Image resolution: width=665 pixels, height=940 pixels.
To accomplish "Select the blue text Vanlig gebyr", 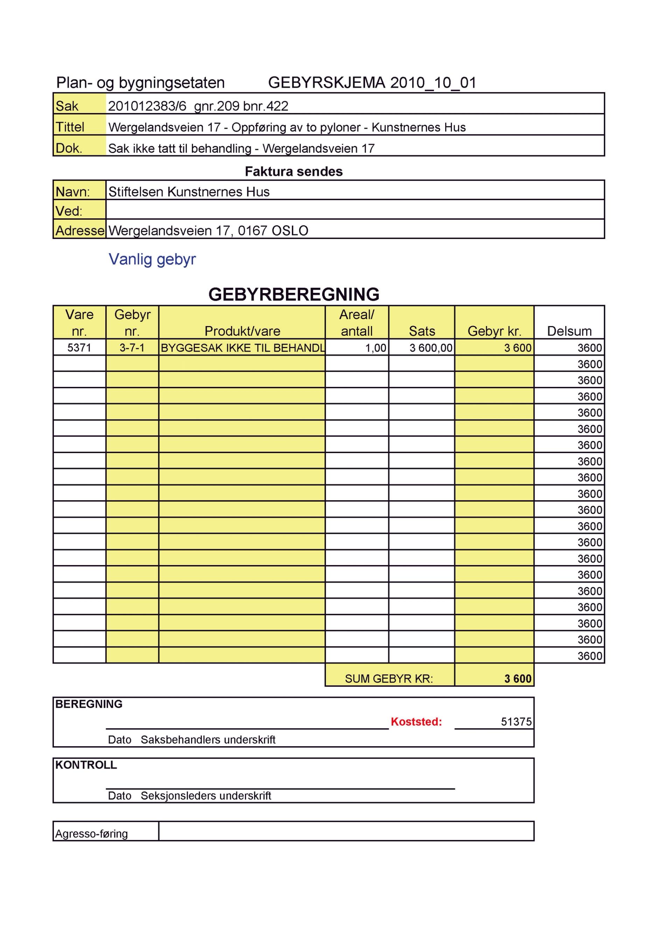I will click(152, 260).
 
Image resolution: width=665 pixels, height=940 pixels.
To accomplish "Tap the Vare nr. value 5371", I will click(79, 348).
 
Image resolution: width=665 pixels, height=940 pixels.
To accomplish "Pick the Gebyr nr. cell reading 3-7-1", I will click(132, 348).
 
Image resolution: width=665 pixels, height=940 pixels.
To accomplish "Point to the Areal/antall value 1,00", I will click(376, 348).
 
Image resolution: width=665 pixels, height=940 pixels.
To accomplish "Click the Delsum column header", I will click(569, 331).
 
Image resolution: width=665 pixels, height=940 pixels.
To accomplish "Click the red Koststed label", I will click(416, 721).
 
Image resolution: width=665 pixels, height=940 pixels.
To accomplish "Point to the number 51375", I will click(516, 722).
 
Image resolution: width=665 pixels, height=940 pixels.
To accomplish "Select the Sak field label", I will click(67, 106).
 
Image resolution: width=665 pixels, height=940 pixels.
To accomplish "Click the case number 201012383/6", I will click(147, 106).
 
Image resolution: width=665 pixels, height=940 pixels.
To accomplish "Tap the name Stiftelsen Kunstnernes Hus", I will click(189, 192).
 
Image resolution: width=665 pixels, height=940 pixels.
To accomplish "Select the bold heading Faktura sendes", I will click(294, 171).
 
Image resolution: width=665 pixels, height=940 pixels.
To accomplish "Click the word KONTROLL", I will click(86, 765).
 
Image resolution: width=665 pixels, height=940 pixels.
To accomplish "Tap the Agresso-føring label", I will click(91, 834).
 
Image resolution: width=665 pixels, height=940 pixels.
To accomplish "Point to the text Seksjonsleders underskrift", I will click(205, 796).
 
